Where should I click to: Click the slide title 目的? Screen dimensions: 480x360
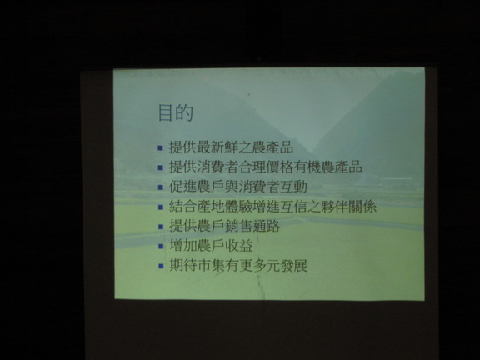coord(176,112)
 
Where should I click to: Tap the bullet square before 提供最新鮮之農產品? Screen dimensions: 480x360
coord(160,148)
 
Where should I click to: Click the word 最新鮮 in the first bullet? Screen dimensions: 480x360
coord(218,147)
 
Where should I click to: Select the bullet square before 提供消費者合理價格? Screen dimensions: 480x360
coord(160,167)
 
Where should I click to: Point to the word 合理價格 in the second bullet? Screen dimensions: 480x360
coord(266,167)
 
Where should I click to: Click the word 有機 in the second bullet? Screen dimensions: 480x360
coord(307,167)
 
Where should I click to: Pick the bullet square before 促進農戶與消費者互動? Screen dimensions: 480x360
coord(161,187)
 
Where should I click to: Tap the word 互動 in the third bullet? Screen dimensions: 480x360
coord(293,187)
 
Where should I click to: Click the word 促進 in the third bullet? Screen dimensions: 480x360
coord(183,187)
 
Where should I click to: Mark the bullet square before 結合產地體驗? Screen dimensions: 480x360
coord(161,207)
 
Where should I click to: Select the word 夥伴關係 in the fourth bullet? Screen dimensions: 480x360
coord(349,207)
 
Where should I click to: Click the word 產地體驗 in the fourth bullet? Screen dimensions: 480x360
coord(225,207)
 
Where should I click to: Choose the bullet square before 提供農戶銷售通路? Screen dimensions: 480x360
coord(161,227)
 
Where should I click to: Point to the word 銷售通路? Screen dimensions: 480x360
coord(252,226)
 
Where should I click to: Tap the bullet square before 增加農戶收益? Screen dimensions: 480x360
coord(161,247)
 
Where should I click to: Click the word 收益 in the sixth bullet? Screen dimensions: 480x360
coord(239,246)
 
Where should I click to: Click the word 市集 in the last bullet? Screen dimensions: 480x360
coord(211,265)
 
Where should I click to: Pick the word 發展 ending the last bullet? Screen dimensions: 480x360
coord(294,265)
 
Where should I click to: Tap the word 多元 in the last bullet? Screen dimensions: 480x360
coord(267,265)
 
